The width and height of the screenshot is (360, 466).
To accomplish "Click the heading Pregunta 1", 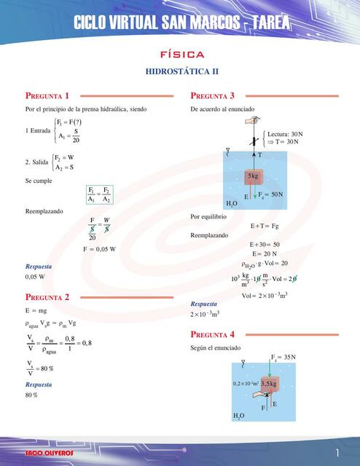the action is click(47, 95).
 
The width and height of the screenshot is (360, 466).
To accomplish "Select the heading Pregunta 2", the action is click(47, 297).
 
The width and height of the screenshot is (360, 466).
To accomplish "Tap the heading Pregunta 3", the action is click(212, 95).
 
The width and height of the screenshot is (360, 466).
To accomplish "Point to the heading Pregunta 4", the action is click(212, 334).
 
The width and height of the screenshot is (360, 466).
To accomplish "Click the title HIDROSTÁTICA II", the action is click(182, 72).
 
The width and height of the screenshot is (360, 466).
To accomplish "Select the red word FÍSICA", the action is click(182, 55).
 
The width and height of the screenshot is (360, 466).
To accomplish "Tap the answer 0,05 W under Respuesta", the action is click(35, 277).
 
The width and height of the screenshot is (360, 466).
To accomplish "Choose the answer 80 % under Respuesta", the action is click(31, 395).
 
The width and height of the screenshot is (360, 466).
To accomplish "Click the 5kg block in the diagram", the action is click(254, 176).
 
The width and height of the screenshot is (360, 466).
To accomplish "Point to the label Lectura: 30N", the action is click(285, 134).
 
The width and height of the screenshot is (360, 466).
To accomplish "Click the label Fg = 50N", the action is click(270, 194).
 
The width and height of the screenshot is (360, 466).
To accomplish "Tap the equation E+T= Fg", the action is click(265, 226).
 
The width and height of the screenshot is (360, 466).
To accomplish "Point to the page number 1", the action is click(338, 452).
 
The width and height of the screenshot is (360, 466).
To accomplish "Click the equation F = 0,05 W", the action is click(99, 249).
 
